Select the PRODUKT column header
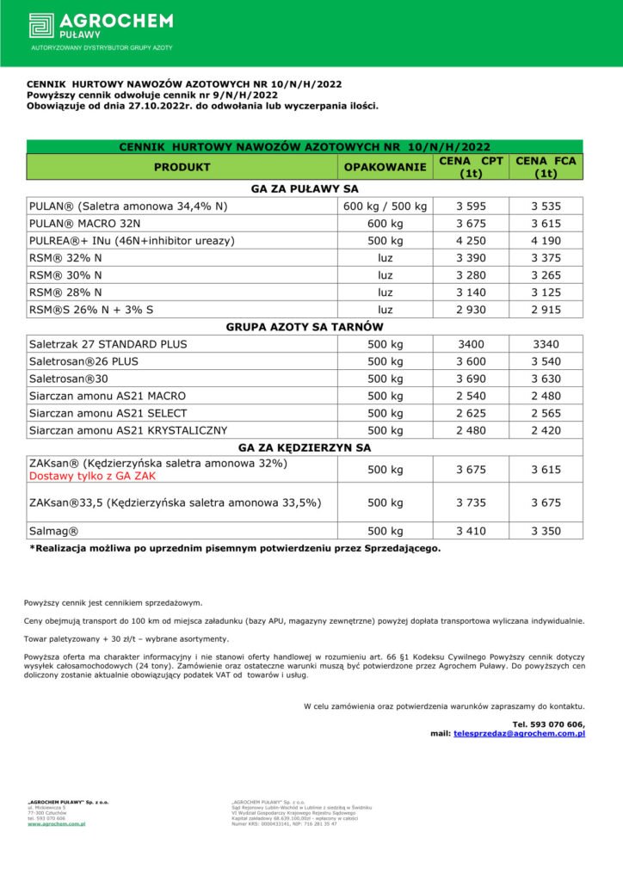pyautogui.click(x=182, y=167)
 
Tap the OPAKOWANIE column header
pyautogui.click(x=385, y=167)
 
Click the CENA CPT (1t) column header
pyautogui.click(x=471, y=167)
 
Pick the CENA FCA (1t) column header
pyautogui.click(x=545, y=167)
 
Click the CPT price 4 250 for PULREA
pyautogui.click(x=471, y=241)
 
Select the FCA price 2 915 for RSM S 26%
pyautogui.click(x=546, y=309)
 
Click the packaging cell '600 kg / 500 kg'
pyautogui.click(x=385, y=206)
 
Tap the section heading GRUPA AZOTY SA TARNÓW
pyautogui.click(x=305, y=327)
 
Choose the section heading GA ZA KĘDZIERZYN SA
pyautogui.click(x=305, y=447)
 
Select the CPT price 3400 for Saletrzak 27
pyautogui.click(x=471, y=344)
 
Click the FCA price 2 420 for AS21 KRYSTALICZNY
pyautogui.click(x=546, y=430)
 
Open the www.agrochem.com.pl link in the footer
pyautogui.click(x=56, y=823)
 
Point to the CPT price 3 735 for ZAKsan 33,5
pyautogui.click(x=471, y=502)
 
